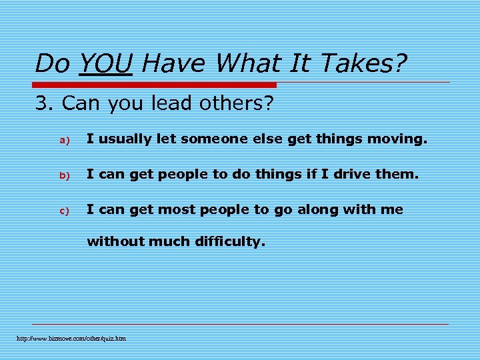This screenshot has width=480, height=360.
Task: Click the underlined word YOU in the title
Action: (x=105, y=64)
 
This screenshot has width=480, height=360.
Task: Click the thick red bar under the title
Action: (x=155, y=85)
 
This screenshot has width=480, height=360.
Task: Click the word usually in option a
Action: (x=123, y=140)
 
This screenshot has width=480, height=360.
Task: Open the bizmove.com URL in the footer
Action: (x=71, y=339)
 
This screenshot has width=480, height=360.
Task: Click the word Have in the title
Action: (x=175, y=64)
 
